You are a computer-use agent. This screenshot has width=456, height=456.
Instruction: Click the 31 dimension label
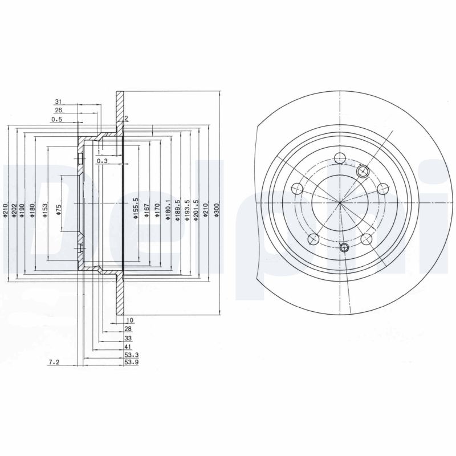coord(59,101)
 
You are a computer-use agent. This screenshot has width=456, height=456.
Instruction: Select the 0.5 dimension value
coord(56,119)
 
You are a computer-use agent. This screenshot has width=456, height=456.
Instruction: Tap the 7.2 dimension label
coord(54,362)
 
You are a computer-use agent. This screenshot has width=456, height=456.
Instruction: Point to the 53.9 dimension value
coord(132,362)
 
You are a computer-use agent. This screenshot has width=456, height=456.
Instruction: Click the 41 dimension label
coord(128,347)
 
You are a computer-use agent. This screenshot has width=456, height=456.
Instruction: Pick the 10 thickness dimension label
coord(130,320)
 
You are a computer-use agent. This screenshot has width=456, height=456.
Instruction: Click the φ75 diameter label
coord(59,209)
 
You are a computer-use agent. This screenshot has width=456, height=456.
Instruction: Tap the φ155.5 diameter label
coord(136,208)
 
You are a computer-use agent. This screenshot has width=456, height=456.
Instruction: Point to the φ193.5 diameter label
coord(188,209)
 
